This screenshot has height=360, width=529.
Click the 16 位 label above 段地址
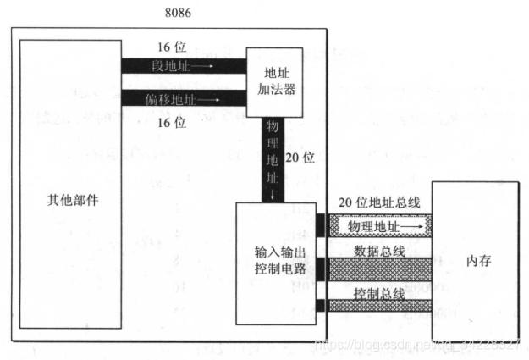pos(172,46)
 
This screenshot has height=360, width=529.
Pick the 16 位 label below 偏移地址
pos(172,123)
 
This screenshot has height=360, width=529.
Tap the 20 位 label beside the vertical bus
pos(300,157)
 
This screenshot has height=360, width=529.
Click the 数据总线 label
pos(378,251)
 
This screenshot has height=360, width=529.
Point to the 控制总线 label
pos(378,292)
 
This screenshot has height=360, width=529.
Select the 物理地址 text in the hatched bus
pos(372,227)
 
